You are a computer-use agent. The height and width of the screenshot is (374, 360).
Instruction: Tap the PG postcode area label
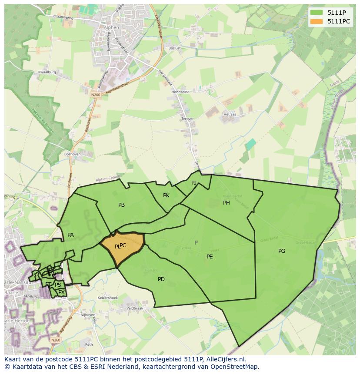(282, 251)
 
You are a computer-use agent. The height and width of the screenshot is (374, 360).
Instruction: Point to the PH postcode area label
(227, 203)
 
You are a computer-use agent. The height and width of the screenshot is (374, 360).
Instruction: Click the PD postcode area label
(161, 279)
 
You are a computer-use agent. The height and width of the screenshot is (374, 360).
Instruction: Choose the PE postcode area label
(210, 257)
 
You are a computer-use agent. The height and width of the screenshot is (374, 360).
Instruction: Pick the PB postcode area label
(122, 205)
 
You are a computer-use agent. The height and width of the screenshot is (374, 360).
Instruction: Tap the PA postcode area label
(70, 235)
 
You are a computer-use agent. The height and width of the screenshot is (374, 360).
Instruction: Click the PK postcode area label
(166, 195)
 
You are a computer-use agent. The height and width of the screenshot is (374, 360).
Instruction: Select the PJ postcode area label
(194, 182)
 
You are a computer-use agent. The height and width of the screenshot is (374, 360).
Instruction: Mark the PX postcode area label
(62, 292)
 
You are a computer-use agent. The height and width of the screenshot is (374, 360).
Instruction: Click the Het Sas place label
(229, 114)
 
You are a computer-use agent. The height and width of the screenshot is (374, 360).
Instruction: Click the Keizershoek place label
(108, 298)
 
